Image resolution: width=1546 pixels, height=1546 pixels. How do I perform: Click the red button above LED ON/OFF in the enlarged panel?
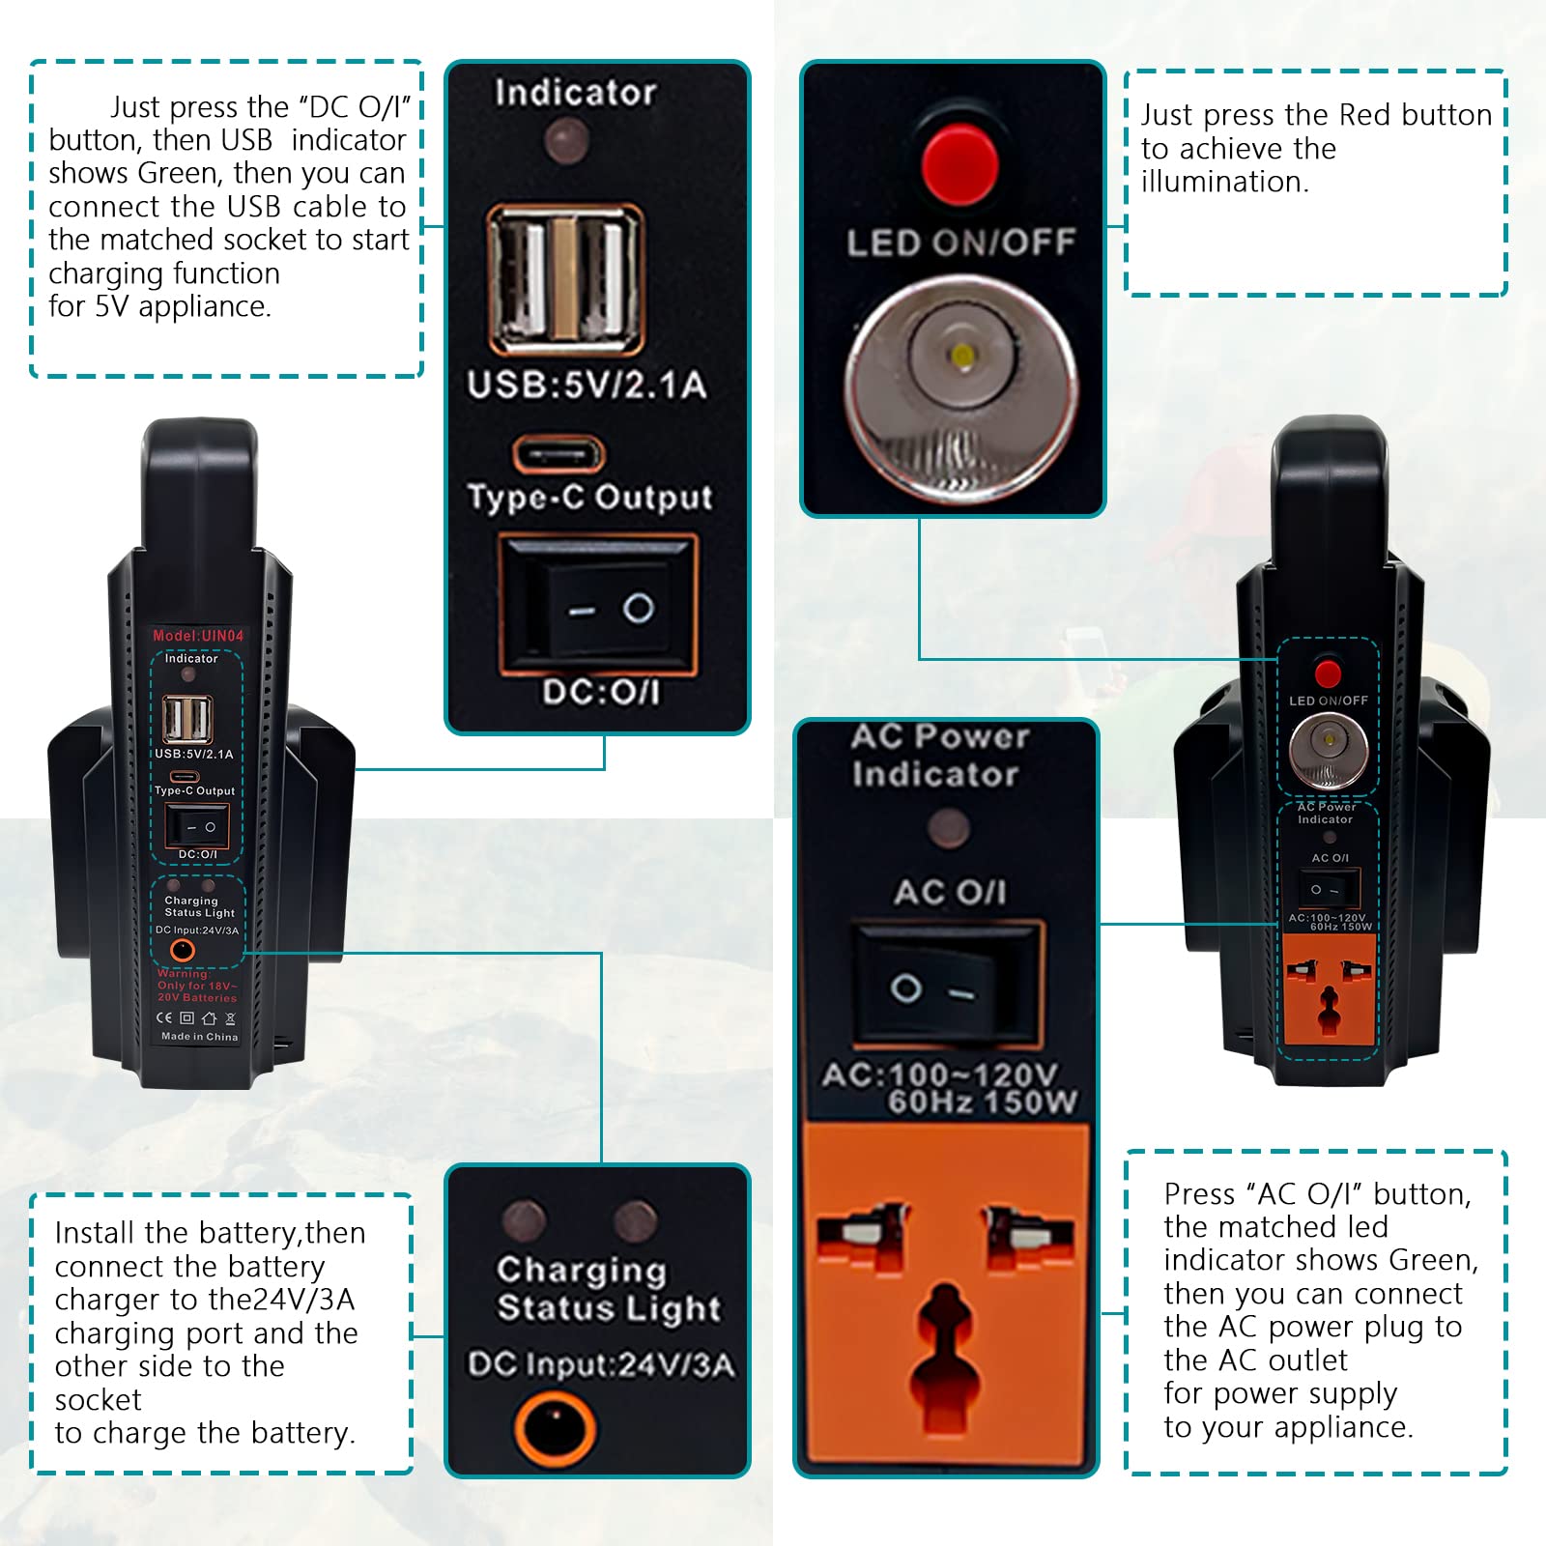click(959, 161)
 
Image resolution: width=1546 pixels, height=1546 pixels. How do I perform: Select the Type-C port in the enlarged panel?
click(558, 453)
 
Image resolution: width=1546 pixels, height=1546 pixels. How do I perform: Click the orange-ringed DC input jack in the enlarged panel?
click(555, 1427)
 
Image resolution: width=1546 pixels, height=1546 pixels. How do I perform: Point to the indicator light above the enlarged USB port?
click(566, 142)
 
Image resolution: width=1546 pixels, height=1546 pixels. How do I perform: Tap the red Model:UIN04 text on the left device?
click(198, 636)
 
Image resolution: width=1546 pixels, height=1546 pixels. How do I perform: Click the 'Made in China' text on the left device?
click(199, 1037)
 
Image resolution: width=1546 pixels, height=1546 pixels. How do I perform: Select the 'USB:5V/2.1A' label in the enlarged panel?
click(587, 385)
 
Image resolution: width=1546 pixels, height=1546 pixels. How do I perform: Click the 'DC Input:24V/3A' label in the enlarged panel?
click(601, 1364)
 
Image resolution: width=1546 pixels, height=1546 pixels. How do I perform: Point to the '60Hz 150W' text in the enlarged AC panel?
click(982, 1102)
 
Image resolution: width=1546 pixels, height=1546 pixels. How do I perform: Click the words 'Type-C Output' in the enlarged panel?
click(589, 497)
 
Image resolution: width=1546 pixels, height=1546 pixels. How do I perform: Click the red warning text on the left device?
click(197, 986)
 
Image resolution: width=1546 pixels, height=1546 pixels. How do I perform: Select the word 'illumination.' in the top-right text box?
click(1224, 182)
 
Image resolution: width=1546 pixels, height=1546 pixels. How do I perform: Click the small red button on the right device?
click(1328, 671)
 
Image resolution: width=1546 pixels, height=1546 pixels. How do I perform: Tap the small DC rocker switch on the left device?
click(197, 827)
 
